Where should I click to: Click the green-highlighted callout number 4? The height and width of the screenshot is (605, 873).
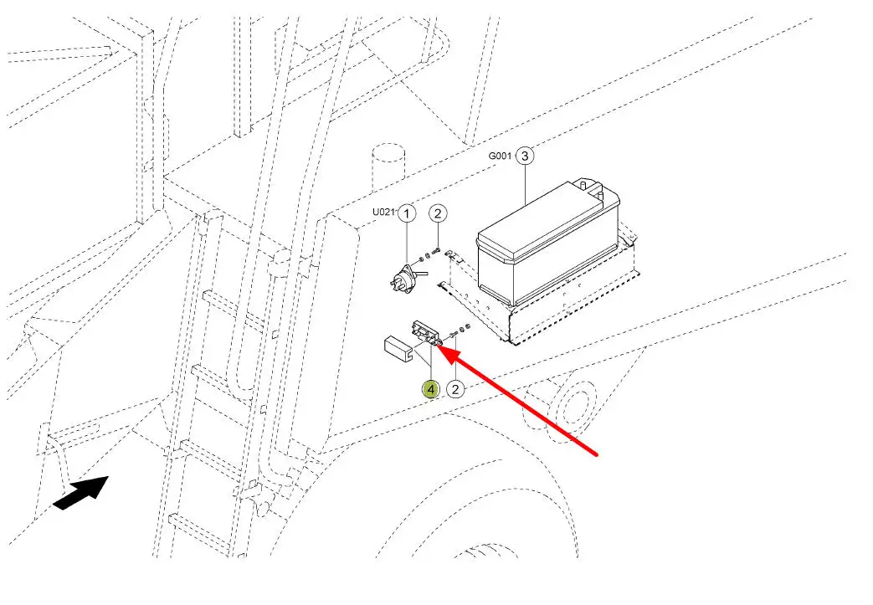pyautogui.click(x=430, y=389)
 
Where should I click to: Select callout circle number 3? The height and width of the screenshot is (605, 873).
pyautogui.click(x=525, y=156)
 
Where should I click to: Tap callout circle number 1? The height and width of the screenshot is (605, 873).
pyautogui.click(x=407, y=213)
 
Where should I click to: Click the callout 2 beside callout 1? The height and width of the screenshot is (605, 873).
pyautogui.click(x=438, y=213)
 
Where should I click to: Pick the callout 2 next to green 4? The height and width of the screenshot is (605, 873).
pyautogui.click(x=455, y=389)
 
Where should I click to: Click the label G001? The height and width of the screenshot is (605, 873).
pyautogui.click(x=500, y=156)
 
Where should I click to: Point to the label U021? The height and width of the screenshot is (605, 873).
pyautogui.click(x=383, y=212)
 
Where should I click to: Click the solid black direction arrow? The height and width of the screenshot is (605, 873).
pyautogui.click(x=80, y=492)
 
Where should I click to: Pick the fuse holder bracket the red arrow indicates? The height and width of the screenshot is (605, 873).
pyautogui.click(x=427, y=335)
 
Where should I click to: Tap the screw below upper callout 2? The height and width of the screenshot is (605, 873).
pyautogui.click(x=437, y=252)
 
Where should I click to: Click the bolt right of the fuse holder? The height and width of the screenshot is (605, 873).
pyautogui.click(x=452, y=333)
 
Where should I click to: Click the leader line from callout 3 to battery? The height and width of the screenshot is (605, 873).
pyautogui.click(x=525, y=183)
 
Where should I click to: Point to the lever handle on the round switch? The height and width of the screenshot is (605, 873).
pyautogui.click(x=421, y=274)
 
